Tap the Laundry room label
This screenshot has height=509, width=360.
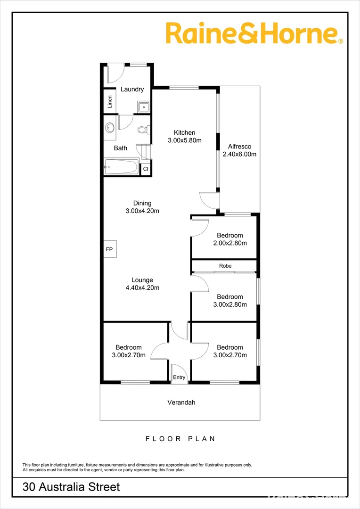[132, 90]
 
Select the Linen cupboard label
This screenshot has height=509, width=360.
[110, 101]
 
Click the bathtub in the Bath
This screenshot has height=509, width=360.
[121, 167]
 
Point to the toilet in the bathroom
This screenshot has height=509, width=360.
[143, 129]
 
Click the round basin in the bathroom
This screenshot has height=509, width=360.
[110, 127]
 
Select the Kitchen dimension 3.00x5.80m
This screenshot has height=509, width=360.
[184, 140]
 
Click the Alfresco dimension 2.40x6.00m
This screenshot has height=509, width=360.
[239, 154]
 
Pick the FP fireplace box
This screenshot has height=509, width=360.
[109, 248]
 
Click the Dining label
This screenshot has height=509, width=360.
[142, 204]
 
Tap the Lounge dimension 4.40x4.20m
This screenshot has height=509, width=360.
[142, 287]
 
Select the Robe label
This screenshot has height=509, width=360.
[225, 266]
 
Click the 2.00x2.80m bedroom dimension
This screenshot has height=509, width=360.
[230, 243]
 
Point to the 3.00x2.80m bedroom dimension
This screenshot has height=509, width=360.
[230, 304]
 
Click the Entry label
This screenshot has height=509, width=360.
[179, 378]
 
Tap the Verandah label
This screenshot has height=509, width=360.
[181, 402]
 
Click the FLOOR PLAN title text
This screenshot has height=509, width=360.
[180, 439]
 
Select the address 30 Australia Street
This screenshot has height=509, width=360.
[71, 487]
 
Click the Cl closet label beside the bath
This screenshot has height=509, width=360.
[146, 169]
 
